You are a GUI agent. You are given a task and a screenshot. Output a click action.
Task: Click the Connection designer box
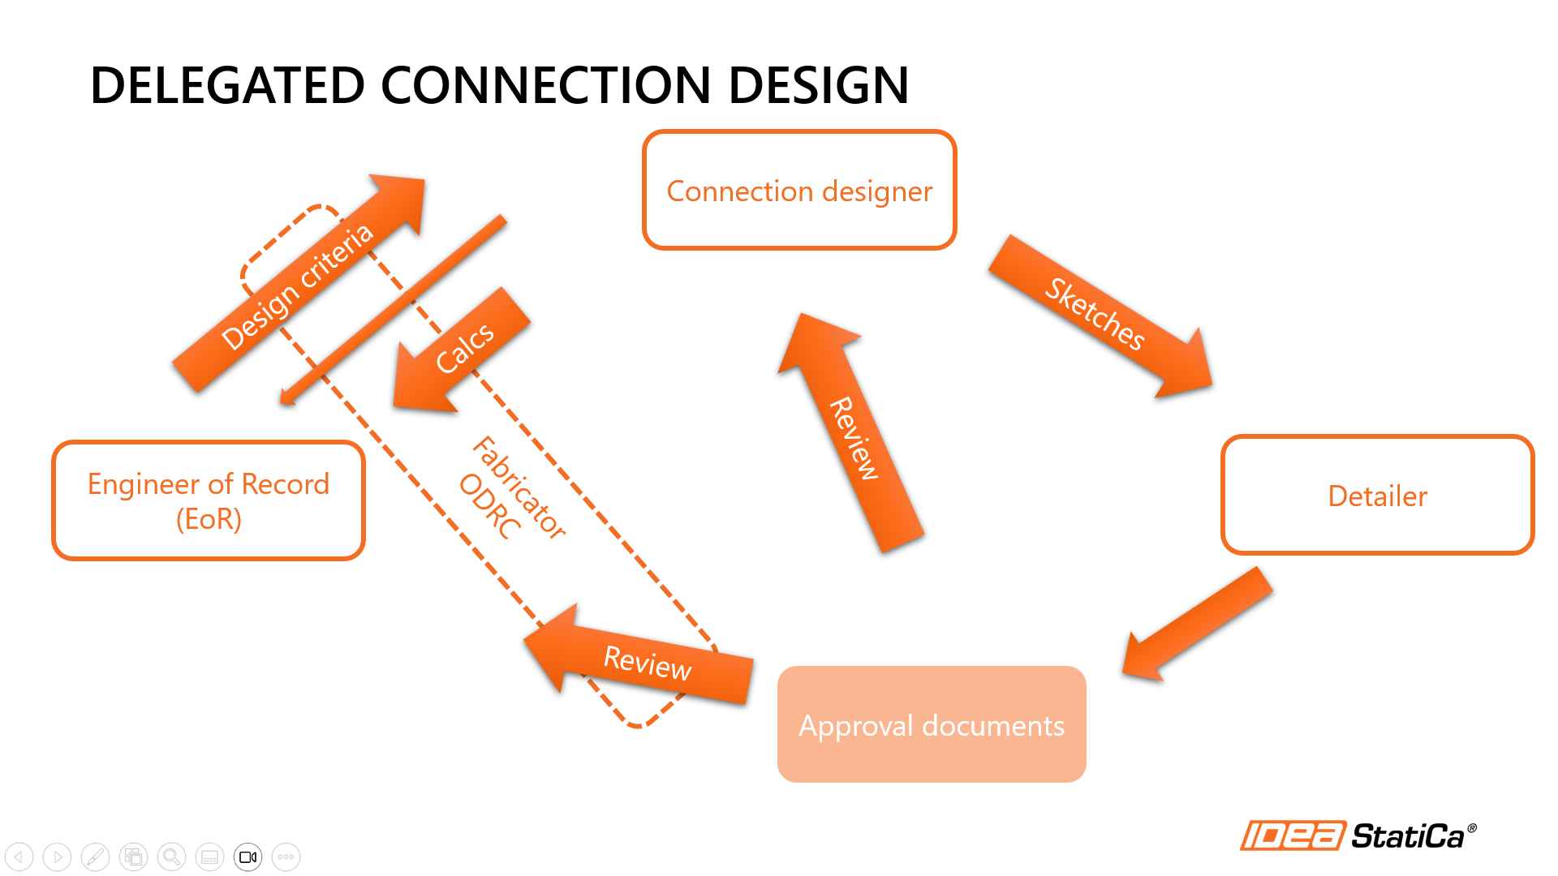coord(799,191)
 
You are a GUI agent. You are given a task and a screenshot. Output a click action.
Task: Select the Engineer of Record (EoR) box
coord(209,500)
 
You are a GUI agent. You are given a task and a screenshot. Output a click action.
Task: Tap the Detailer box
coord(1377,496)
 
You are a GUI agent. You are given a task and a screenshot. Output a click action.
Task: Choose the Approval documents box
coord(932,724)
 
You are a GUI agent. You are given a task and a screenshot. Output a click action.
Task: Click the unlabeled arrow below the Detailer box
coord(1197,625)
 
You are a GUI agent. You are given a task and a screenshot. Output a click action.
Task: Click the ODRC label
coord(489,507)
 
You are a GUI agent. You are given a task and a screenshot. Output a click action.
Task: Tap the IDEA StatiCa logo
coord(1358,835)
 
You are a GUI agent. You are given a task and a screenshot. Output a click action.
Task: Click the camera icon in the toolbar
coord(248,857)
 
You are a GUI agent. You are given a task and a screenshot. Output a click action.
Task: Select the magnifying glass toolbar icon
coord(171,857)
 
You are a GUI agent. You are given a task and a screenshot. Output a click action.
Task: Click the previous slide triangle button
coord(19,857)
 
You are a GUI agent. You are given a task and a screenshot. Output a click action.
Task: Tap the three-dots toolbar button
coord(286,857)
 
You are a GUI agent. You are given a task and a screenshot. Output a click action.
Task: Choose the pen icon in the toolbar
coord(95,857)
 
